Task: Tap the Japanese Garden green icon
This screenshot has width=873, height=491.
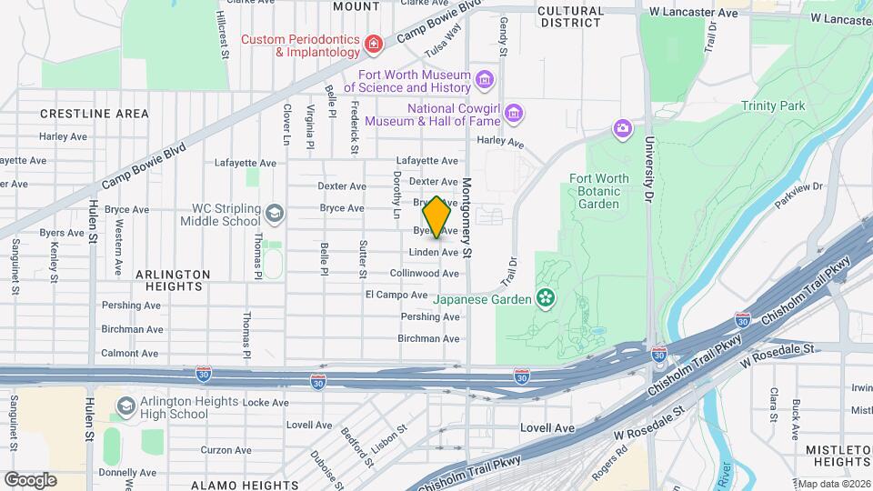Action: pyautogui.click(x=546, y=297)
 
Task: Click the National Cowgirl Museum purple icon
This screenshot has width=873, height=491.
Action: pyautogui.click(x=515, y=114)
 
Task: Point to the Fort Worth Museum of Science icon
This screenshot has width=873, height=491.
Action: pyautogui.click(x=485, y=81)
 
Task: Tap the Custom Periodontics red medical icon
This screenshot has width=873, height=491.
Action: pyautogui.click(x=373, y=45)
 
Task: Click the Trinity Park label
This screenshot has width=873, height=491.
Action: pyautogui.click(x=773, y=106)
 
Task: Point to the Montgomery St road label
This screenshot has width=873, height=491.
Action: pyautogui.click(x=468, y=216)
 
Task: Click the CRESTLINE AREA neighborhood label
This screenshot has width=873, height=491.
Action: pyautogui.click(x=95, y=114)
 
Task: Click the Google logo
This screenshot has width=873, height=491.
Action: pyautogui.click(x=30, y=479)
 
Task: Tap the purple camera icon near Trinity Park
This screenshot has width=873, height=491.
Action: pyautogui.click(x=622, y=127)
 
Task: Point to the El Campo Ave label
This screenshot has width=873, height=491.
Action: pyautogui.click(x=396, y=295)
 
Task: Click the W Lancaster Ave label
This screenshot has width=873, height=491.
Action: pyautogui.click(x=693, y=14)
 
